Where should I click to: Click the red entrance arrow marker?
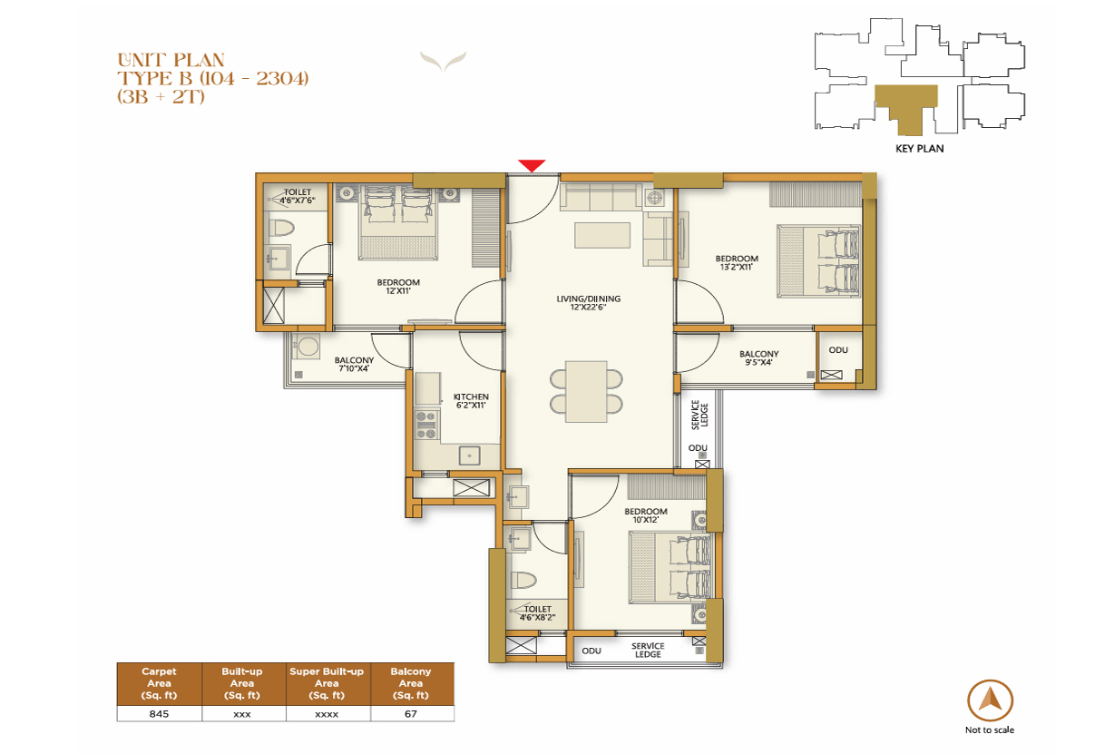pyautogui.click(x=532, y=165)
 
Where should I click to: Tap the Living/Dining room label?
pyautogui.click(x=588, y=303)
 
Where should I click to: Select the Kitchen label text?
pyautogui.click(x=471, y=401)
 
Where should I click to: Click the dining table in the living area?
pyautogui.click(x=586, y=392)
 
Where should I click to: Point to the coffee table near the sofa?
pyautogui.click(x=602, y=235)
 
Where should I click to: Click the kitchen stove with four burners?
pyautogui.click(x=425, y=425)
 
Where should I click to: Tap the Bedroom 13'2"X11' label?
pyautogui.click(x=737, y=262)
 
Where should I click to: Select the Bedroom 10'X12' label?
pyautogui.click(x=646, y=515)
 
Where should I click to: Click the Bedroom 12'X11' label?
pyautogui.click(x=398, y=287)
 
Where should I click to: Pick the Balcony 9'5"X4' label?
pyautogui.click(x=758, y=357)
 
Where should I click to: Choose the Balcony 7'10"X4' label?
pyautogui.click(x=354, y=364)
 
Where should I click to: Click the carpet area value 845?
pyautogui.click(x=159, y=714)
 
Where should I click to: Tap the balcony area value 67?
pyautogui.click(x=411, y=714)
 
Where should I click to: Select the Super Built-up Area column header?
pyautogui.click(x=327, y=683)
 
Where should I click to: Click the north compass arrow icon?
pyautogui.click(x=990, y=700)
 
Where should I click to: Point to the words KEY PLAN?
pyautogui.click(x=920, y=149)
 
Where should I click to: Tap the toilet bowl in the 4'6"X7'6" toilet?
pyautogui.click(x=281, y=229)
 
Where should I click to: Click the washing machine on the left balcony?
pyautogui.click(x=307, y=347)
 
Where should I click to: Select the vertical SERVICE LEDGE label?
pyautogui.click(x=699, y=415)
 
